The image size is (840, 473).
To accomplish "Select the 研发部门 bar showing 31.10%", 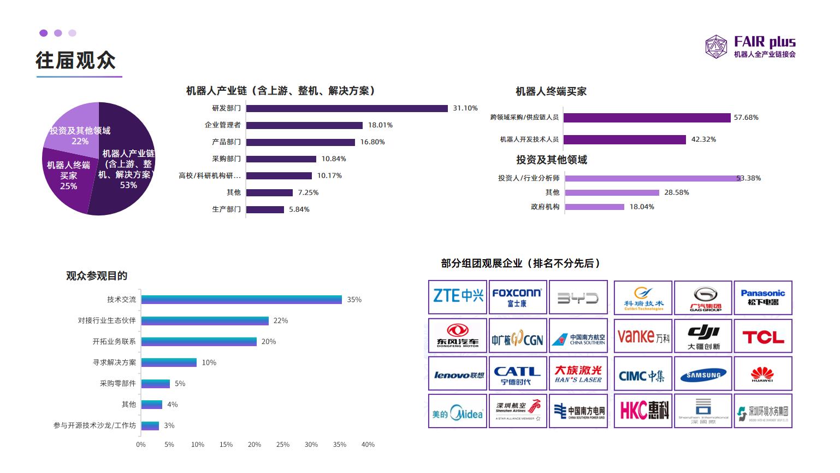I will pyautogui.click(x=347, y=108).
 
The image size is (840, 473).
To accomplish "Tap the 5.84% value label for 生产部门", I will pyautogui.click(x=299, y=209).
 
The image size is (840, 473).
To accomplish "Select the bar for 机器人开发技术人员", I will pyautogui.click(x=625, y=139).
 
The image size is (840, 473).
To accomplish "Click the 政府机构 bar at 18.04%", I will pyautogui.click(x=595, y=207).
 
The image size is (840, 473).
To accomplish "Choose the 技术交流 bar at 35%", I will pyautogui.click(x=241, y=300).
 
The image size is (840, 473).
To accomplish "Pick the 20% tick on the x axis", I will pyautogui.click(x=255, y=445).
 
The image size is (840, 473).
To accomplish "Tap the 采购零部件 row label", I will pyautogui.click(x=118, y=383).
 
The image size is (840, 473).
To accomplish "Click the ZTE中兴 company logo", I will pyautogui.click(x=458, y=297).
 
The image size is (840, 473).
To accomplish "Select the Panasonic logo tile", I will pyautogui.click(x=763, y=297).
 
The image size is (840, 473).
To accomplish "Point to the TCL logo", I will pyautogui.click(x=763, y=336).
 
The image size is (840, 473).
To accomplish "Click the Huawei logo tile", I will pyautogui.click(x=763, y=374).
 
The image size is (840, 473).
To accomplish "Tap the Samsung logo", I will pyautogui.click(x=703, y=374).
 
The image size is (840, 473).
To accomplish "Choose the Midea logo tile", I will pyautogui.click(x=458, y=411).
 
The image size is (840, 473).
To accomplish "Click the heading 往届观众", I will pyautogui.click(x=76, y=60).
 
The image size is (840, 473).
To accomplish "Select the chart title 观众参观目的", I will pyautogui.click(x=97, y=276).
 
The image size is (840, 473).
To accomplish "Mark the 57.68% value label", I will pyautogui.click(x=746, y=118).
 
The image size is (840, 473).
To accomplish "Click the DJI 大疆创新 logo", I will pyautogui.click(x=703, y=336).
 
